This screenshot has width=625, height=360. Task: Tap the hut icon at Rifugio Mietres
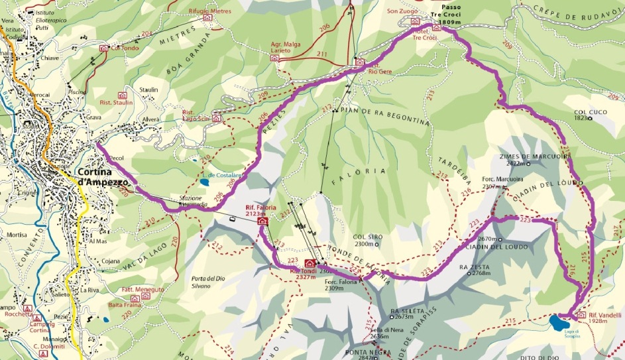tap(207, 17)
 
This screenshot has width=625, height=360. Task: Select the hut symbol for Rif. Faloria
tap(263, 221)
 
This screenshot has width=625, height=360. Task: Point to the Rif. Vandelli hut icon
tap(581, 315)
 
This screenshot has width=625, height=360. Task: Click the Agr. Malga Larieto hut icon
tap(274, 58)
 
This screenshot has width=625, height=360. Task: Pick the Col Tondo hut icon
tap(103, 48)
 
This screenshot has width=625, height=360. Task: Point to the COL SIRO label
tap(369, 236)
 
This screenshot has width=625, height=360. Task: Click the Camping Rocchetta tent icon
tap(27, 308)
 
